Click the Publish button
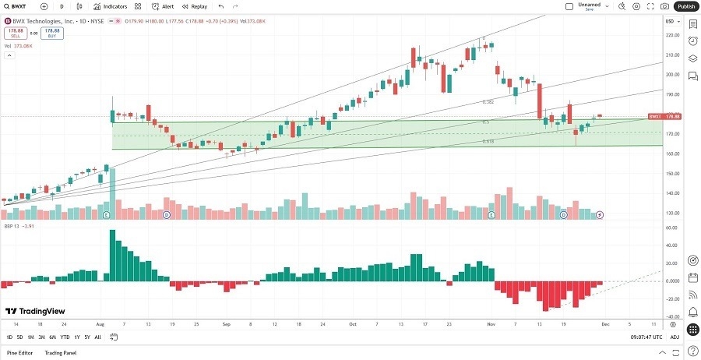pos(685,6)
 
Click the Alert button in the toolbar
pos(164,6)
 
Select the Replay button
pos(196,6)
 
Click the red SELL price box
pos(16,34)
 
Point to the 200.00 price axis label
pos(671,75)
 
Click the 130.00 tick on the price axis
pos(671,213)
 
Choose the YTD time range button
pos(65,337)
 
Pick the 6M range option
pos(52,337)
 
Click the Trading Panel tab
pos(60,353)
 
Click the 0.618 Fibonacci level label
pos(488,141)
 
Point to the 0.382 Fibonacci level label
pos(489,102)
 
